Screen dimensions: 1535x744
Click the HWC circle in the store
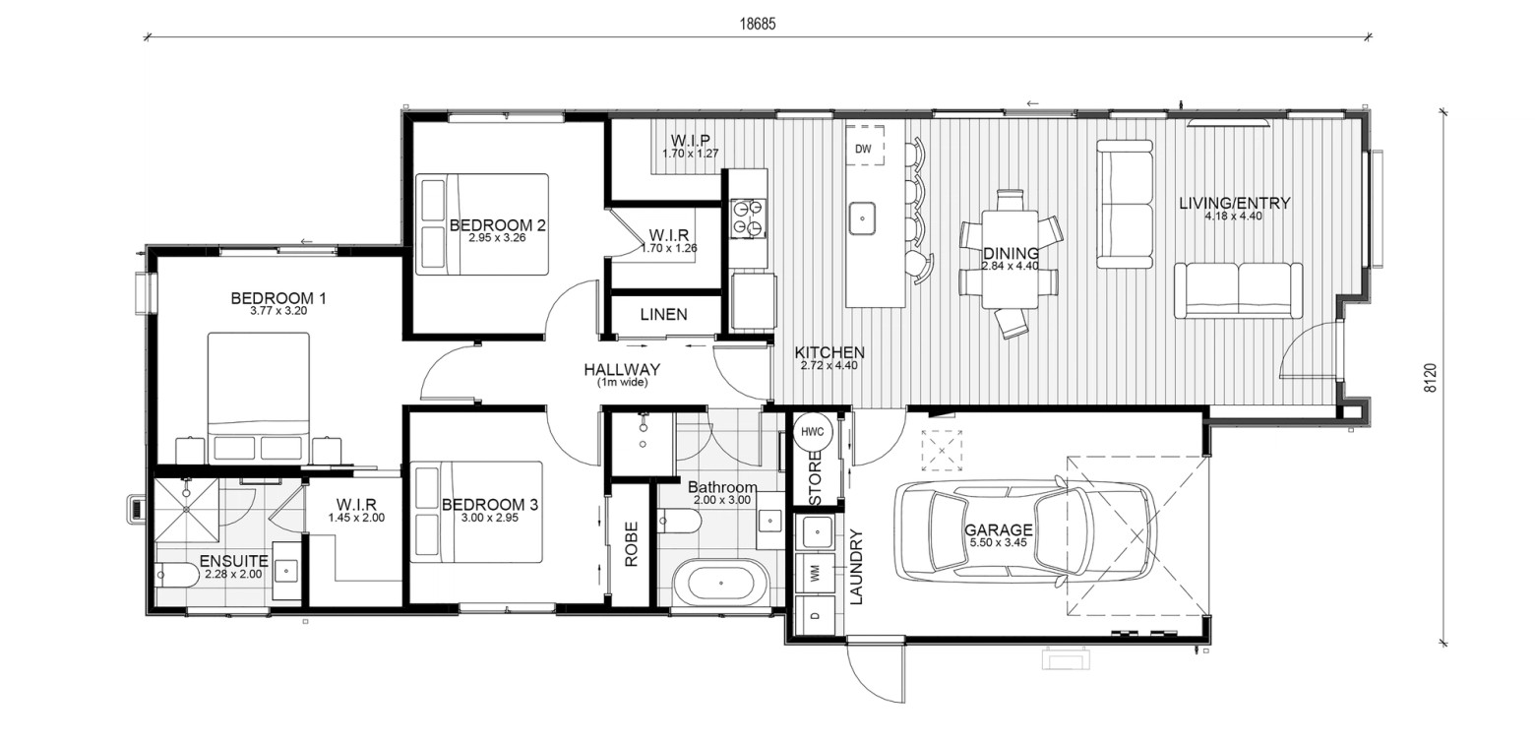click(x=812, y=432)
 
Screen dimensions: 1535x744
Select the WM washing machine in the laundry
click(x=816, y=573)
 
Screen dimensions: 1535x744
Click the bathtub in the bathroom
click(x=721, y=583)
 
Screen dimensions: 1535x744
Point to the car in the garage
click(x=1026, y=532)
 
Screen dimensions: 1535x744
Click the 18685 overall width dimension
click(x=758, y=24)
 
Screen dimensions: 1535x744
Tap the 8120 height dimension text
click(x=1430, y=378)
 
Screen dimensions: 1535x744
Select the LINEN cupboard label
click(x=663, y=315)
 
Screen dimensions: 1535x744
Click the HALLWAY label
click(x=622, y=369)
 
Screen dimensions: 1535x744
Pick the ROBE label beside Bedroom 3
click(x=631, y=544)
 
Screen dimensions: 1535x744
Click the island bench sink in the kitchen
click(x=863, y=218)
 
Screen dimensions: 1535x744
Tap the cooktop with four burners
click(x=748, y=217)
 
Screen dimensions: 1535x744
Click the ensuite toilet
click(x=177, y=575)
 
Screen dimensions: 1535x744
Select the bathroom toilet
click(x=679, y=522)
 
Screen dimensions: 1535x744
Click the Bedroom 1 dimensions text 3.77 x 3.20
click(x=278, y=311)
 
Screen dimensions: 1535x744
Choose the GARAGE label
click(x=999, y=529)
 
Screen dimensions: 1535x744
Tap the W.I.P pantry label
click(x=690, y=141)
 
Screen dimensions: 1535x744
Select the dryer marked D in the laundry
click(x=816, y=614)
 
